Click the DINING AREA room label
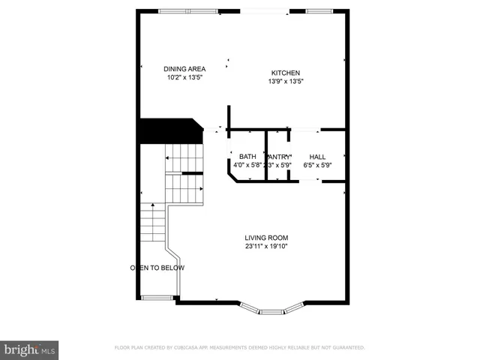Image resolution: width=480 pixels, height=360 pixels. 184,69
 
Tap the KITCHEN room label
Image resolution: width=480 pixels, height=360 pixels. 286,73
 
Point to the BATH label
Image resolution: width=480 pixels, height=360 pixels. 247,157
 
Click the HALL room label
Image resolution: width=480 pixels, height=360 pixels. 317,157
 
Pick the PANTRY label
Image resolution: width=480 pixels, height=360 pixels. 280,157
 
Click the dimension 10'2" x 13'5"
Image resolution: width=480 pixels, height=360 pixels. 184,77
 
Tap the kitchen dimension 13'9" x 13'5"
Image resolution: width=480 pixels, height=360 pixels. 286,81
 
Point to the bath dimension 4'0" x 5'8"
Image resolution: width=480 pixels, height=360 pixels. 247,165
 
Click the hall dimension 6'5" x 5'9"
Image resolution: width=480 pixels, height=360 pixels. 317,165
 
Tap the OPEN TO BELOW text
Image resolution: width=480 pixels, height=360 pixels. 157,268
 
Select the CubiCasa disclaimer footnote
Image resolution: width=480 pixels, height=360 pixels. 239,348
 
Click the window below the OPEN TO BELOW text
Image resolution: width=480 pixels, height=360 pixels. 156,298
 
